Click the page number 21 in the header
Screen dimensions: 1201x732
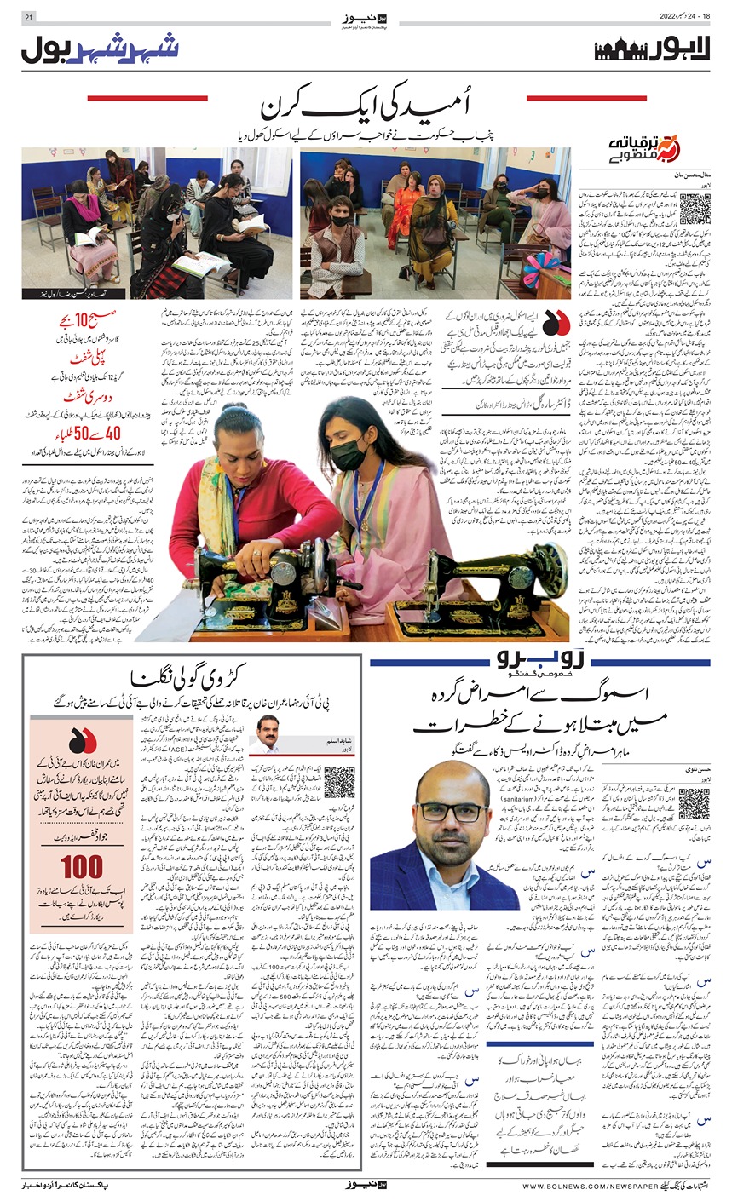click(31, 17)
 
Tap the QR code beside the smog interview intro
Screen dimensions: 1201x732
click(694, 803)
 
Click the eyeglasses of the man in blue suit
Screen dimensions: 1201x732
click(465, 810)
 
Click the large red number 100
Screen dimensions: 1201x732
click(82, 867)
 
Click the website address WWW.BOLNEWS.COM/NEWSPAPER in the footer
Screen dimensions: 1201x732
click(583, 1186)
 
